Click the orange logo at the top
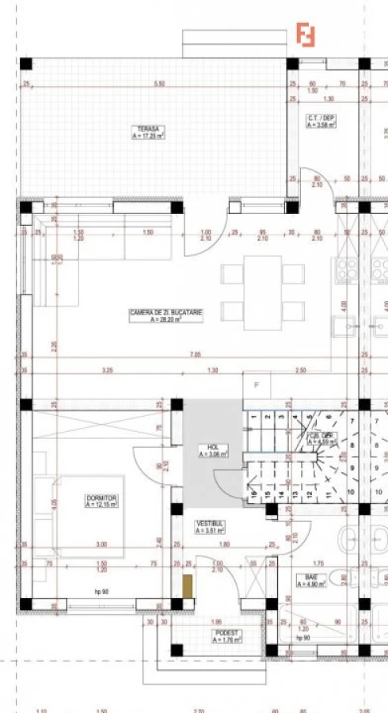pos(306,35)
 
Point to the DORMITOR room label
pos(101,500)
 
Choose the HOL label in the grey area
pos(212,451)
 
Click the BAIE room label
pos(306,581)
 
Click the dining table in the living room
pos(262,292)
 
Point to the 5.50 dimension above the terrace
pos(159,84)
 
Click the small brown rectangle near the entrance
pos(187,587)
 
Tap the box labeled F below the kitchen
pos(256,386)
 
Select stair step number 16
pos(253,497)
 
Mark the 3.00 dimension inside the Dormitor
pos(101,545)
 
